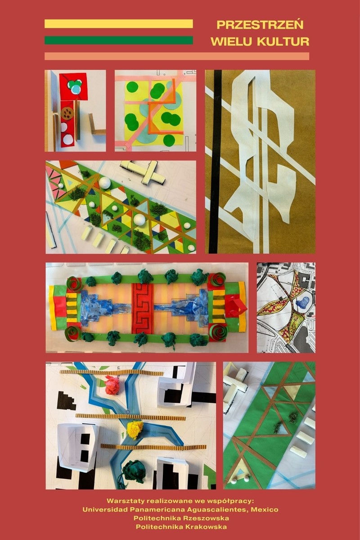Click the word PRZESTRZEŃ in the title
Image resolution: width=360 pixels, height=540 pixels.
[260, 25]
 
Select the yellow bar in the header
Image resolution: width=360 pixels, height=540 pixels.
[119, 23]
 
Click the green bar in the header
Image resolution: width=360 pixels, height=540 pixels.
[119, 40]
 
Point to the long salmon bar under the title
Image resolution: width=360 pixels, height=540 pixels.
[177, 56]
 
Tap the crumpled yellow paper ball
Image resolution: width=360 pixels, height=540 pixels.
[135, 430]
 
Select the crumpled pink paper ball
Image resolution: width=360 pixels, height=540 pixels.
[114, 386]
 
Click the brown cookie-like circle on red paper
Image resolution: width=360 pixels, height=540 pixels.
[67, 113]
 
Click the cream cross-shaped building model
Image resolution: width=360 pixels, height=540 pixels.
[145, 173]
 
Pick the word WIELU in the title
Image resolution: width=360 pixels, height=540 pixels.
[232, 42]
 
